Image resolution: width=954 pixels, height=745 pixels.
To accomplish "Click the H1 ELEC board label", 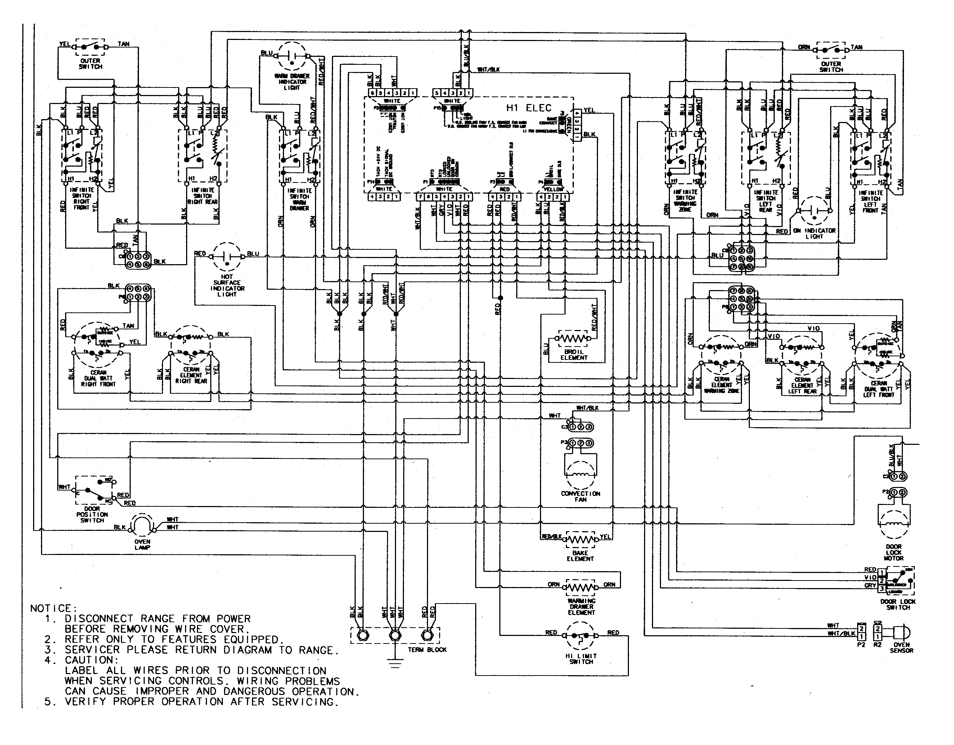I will click(x=528, y=108).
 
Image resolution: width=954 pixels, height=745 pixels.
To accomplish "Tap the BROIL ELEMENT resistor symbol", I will click(x=573, y=338).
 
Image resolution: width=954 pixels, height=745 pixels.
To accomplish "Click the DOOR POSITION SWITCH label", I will click(x=92, y=514).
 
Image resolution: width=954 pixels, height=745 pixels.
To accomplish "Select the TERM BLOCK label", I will click(x=427, y=650).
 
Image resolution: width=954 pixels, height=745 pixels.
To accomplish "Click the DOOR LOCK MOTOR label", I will click(x=894, y=552).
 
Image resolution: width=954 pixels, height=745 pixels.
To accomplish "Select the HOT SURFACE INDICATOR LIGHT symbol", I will click(x=227, y=256).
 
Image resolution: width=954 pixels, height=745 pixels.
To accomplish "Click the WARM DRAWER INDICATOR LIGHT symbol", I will click(x=292, y=56).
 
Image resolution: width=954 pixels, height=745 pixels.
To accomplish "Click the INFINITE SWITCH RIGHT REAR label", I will click(x=203, y=196).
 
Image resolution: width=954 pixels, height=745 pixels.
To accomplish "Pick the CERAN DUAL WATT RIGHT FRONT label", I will click(x=98, y=379).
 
